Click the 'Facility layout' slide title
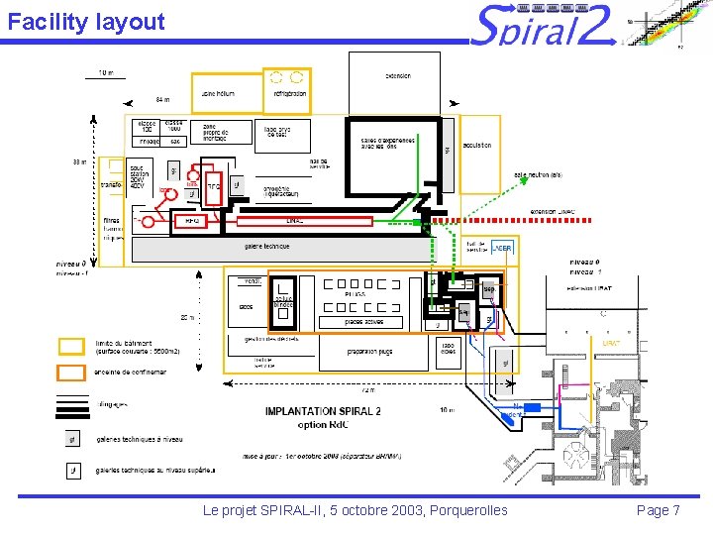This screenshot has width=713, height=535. coord(85,22)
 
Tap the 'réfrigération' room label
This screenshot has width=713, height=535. coord(284,94)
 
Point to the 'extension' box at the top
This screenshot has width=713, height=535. coord(397,76)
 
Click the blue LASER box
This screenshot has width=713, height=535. coord(503,248)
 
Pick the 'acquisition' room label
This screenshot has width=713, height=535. coord(476,145)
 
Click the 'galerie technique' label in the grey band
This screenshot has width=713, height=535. coord(266,246)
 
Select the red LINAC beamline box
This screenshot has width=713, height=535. coord(294,221)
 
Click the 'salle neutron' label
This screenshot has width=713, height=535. coord(537,175)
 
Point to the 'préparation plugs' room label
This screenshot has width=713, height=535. coord(369,351)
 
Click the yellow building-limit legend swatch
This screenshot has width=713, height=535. coord(71,346)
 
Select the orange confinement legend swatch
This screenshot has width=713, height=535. coord(71,373)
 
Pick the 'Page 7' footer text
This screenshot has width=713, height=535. coord(658,510)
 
